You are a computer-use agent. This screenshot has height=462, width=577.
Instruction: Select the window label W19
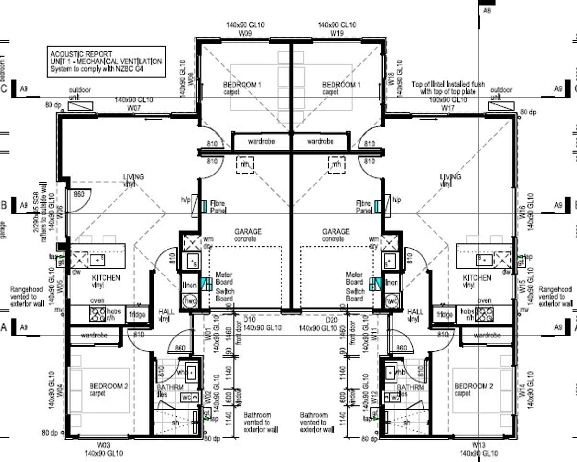(336, 34)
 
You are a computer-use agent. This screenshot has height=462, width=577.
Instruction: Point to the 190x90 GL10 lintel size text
(448, 100)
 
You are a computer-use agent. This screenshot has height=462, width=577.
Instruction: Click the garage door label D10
(249, 320)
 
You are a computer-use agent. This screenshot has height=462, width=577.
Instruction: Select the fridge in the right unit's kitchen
(444, 315)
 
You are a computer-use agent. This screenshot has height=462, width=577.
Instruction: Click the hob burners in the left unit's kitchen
(98, 314)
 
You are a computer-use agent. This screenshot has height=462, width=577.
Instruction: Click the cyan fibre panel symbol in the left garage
(204, 207)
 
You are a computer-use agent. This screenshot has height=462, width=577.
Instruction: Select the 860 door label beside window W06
(78, 195)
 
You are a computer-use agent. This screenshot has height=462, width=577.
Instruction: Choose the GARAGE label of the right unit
(336, 232)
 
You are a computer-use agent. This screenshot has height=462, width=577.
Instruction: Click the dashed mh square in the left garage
(245, 164)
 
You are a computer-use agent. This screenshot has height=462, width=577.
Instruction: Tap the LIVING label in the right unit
(450, 177)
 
